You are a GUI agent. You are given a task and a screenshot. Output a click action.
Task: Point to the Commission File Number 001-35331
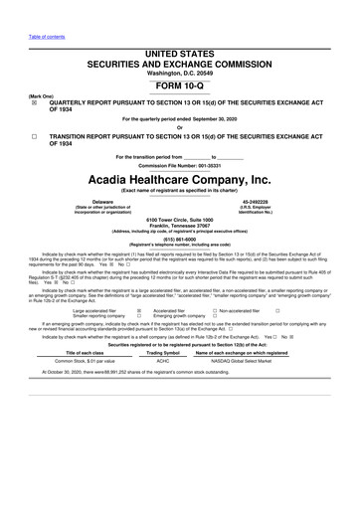pos(179,163)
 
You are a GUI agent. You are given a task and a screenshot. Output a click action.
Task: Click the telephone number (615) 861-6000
pos(179,239)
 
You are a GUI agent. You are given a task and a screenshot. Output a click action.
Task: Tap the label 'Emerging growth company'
pos(179,317)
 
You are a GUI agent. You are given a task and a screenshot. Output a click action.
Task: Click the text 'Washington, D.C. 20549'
pos(179,74)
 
